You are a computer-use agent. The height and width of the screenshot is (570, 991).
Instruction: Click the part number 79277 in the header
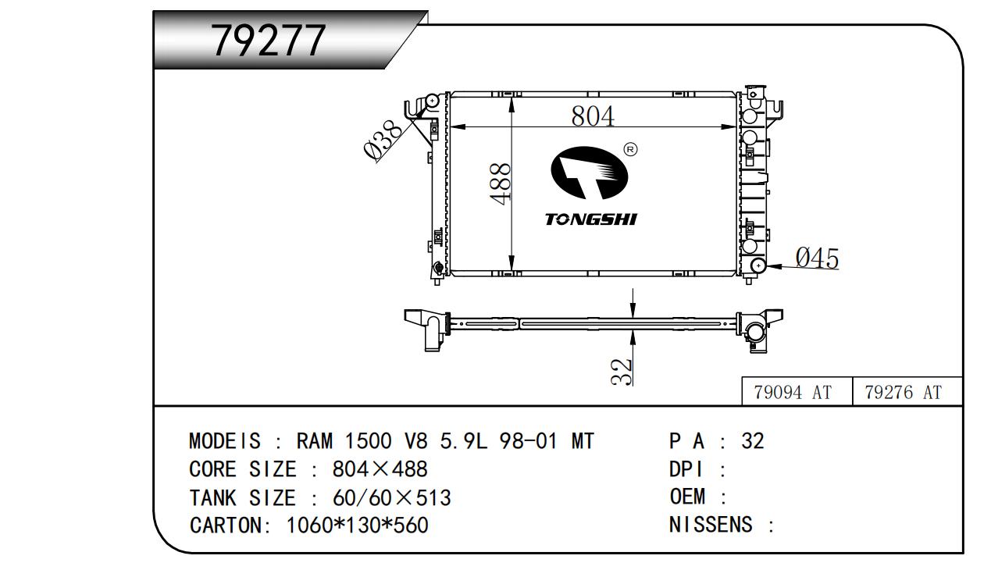269,41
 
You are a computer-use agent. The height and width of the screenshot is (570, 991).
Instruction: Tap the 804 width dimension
593,116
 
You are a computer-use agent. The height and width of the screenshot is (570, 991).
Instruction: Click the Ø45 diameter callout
816,258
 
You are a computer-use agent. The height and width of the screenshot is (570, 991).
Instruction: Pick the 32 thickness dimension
621,371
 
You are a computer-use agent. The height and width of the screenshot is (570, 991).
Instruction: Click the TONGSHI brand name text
591,219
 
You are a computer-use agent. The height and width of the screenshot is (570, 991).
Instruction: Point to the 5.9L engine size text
463,442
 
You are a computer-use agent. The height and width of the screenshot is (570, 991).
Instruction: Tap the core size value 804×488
380,469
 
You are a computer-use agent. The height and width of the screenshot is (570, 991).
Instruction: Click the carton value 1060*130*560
358,525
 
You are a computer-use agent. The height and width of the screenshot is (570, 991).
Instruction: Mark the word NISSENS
711,524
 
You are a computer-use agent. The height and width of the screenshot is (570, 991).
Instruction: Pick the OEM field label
687,497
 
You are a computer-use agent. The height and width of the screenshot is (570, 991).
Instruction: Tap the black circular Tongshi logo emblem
590,173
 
